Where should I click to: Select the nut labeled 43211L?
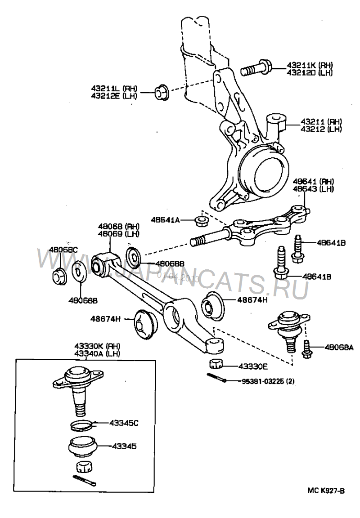click(161, 92)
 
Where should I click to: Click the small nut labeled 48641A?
click(201, 220)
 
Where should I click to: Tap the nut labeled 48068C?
click(58, 274)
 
